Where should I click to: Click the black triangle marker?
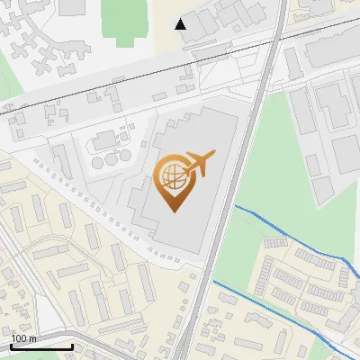[x=181, y=23]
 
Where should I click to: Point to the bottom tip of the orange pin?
[x=171, y=211]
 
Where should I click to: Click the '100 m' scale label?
[x=24, y=338]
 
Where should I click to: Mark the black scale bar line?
[x=41, y=346]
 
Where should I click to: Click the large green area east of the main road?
[x=270, y=171]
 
